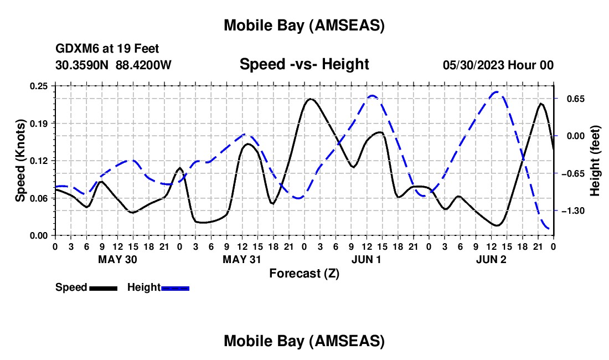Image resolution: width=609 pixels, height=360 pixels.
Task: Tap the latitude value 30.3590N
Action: pos(83,65)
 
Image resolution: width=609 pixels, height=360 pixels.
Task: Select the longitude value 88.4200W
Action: pos(143,65)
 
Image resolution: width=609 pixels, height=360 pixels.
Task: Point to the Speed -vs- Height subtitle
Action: pos(304,64)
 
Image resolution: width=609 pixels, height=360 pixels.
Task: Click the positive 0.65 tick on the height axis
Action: pos(572,99)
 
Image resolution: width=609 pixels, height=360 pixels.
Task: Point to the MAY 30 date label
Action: pos(117,259)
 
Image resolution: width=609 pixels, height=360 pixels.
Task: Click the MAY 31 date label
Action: pos(242,259)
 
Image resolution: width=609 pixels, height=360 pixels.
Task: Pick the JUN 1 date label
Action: pos(367,259)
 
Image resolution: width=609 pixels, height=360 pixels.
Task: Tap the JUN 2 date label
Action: pos(491,259)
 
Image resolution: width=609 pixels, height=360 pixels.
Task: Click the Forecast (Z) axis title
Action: pos(304,273)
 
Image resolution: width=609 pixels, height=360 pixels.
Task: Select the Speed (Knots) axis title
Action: pos(20,161)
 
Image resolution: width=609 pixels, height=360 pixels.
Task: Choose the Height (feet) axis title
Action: pos(595,161)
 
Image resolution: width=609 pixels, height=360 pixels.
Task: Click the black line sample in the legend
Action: pos(103,288)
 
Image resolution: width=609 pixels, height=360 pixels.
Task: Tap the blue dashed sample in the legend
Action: pos(175,288)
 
